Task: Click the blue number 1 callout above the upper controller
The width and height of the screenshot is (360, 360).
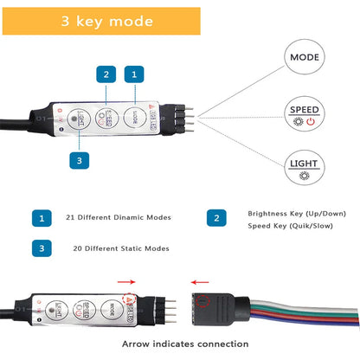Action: [x=132, y=76]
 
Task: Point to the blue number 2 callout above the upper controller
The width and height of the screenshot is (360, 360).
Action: [x=106, y=76]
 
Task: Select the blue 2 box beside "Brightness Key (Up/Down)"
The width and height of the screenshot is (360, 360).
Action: [x=217, y=217]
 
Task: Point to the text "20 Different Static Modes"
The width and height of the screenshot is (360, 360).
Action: [x=121, y=248]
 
